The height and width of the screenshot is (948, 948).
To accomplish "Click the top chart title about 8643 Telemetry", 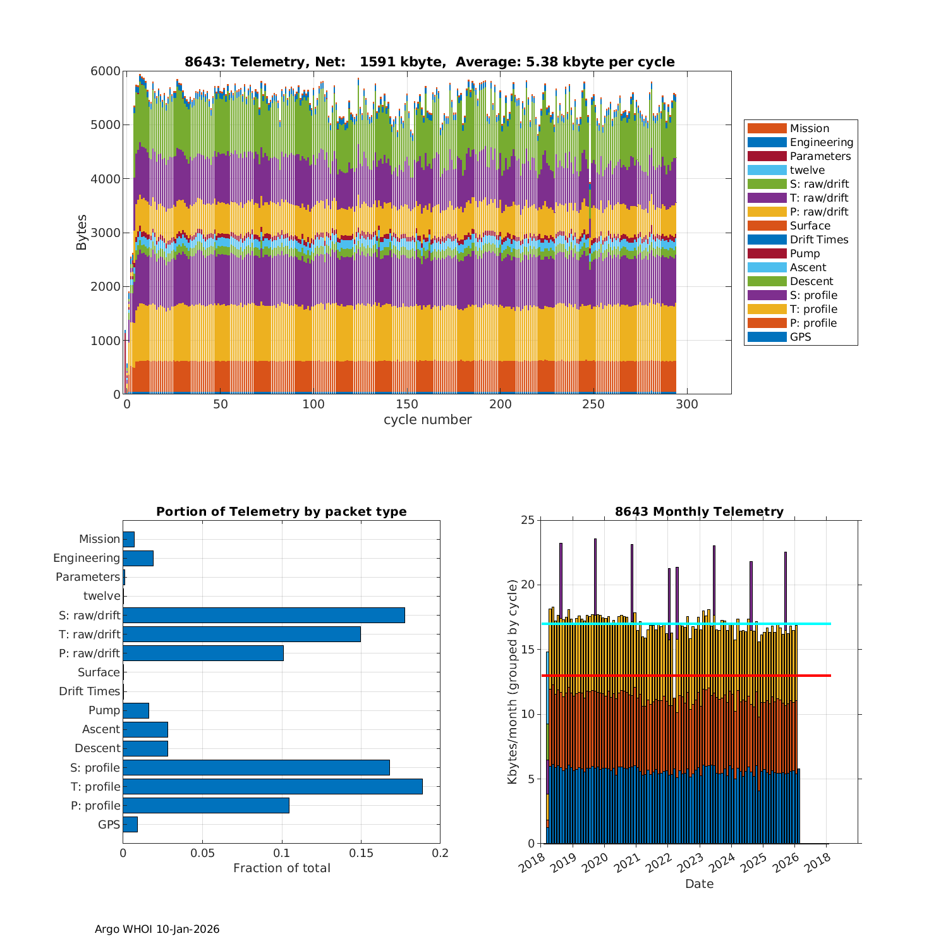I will (429, 62).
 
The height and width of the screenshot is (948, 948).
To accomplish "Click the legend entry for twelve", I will (807, 170).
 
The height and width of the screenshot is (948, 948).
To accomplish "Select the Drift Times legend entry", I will (818, 240).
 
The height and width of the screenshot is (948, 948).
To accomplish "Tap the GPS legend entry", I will (800, 337).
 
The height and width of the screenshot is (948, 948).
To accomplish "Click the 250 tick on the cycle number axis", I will (593, 404).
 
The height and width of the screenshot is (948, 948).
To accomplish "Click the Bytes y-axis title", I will (82, 232).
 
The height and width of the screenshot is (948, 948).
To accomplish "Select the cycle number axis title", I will (427, 420).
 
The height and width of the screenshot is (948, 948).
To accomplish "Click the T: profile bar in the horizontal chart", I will (272, 786).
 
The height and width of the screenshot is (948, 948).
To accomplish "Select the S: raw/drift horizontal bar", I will (264, 615).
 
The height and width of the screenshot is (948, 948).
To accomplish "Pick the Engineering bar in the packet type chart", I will (138, 558).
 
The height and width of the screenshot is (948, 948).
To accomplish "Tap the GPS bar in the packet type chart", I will (130, 824).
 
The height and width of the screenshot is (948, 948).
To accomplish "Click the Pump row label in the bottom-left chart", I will (104, 710).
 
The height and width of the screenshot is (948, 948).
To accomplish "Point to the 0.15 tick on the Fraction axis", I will (361, 853).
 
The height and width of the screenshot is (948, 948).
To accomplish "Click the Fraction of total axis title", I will (281, 868).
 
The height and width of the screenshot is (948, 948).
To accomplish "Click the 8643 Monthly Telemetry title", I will (699, 512).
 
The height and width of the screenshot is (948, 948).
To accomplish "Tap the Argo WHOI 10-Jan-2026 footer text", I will (157, 929).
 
